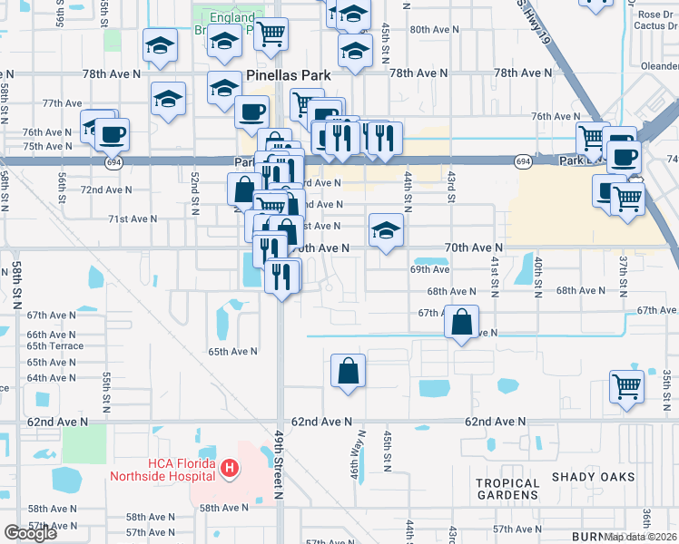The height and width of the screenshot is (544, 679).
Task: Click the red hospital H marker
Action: tap(230, 469)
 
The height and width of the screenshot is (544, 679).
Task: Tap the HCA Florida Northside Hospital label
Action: tap(163, 469)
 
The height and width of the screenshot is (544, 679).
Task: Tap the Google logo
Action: tap(30, 533)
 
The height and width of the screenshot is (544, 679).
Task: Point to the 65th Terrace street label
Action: tap(54, 346)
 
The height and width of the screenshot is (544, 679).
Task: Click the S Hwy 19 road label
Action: tap(534, 22)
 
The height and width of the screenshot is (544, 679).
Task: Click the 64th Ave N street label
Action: tap(52, 378)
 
